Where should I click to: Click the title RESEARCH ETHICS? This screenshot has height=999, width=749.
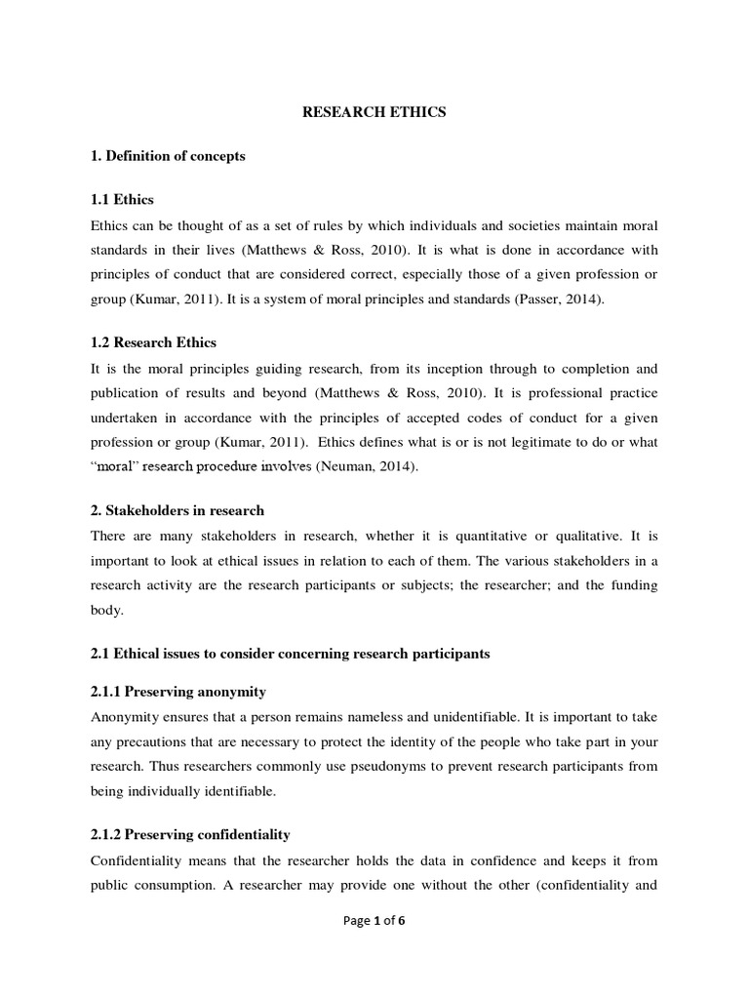coord(374,112)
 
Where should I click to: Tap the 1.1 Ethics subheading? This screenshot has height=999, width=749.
coord(122,200)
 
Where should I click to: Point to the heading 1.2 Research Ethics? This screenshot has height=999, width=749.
coord(153,342)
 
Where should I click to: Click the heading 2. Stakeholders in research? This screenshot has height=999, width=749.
coord(177,510)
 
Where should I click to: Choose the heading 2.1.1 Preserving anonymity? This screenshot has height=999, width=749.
coord(177,691)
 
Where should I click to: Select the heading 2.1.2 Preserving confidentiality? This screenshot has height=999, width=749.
coord(190,835)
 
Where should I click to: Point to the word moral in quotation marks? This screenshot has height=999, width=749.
coord(115,467)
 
